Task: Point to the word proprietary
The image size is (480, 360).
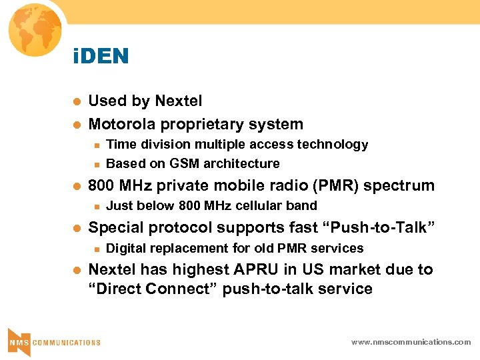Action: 205,125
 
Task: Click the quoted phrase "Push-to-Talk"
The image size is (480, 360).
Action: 379,227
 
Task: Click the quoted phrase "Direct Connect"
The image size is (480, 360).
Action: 151,289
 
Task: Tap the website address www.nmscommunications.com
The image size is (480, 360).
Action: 411,342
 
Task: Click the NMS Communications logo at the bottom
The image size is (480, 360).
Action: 53,341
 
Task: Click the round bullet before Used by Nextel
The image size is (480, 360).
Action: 76,102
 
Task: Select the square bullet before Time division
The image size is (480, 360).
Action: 97,145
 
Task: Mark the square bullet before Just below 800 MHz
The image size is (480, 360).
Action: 97,206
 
